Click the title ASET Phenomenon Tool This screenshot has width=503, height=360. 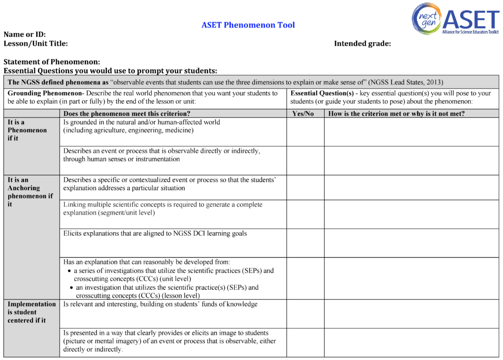(x=248, y=25)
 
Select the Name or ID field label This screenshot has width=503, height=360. (x=25, y=34)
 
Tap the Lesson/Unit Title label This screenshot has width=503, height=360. (x=35, y=43)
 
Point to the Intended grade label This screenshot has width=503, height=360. (x=362, y=43)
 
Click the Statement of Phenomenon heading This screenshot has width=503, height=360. (x=52, y=62)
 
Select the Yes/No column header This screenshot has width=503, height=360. (x=303, y=114)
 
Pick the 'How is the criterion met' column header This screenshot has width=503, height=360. (x=396, y=114)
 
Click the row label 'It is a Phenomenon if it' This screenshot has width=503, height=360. (x=27, y=130)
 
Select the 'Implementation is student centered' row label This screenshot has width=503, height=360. (x=31, y=312)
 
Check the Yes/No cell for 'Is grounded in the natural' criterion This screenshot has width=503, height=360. (x=305, y=132)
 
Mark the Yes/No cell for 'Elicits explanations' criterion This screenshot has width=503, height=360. (x=305, y=243)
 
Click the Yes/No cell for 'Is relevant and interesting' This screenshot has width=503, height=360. (x=305, y=314)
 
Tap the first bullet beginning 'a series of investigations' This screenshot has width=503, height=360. (x=173, y=275)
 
